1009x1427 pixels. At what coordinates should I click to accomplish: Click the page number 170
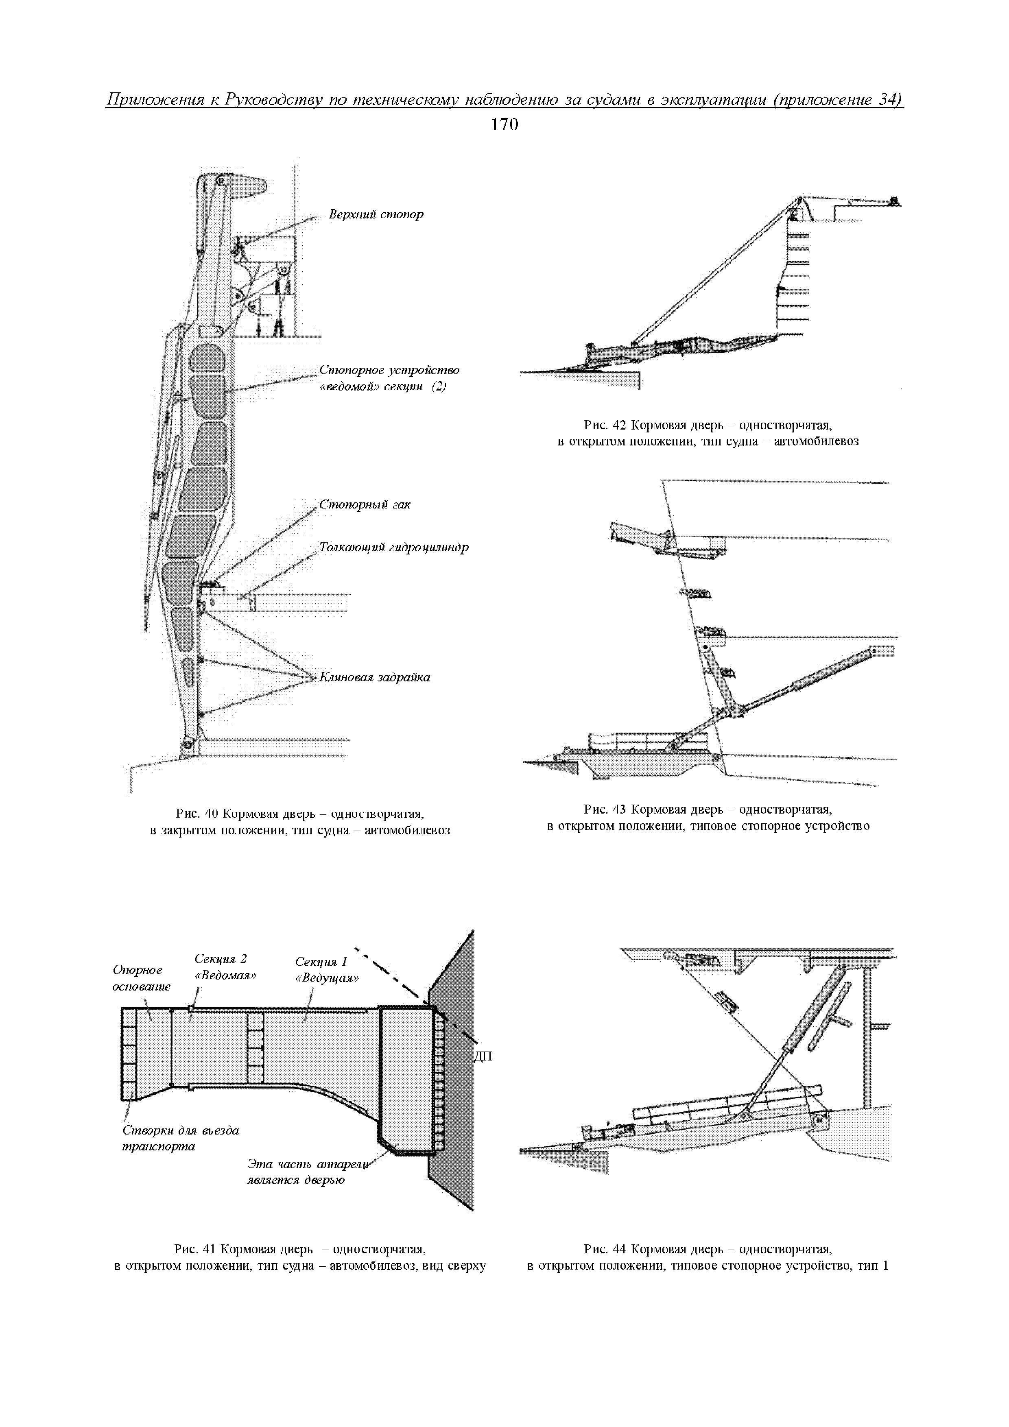tap(504, 125)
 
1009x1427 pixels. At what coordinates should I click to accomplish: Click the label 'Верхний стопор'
tap(376, 214)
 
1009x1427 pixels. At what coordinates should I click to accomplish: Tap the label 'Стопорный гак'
tap(365, 505)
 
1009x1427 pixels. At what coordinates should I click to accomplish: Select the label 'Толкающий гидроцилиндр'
tap(393, 548)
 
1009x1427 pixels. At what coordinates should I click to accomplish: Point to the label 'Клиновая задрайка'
tap(374, 677)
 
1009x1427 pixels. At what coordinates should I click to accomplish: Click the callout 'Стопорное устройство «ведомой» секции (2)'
tap(389, 378)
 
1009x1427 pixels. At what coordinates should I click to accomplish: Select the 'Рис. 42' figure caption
tap(708, 433)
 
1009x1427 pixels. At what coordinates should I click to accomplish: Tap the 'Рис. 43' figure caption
tap(708, 818)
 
